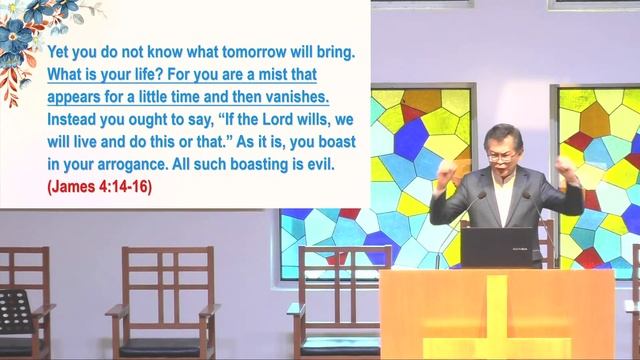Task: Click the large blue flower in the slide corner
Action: [17, 40]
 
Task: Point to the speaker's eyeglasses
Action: [503, 157]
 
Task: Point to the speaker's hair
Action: [501, 135]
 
